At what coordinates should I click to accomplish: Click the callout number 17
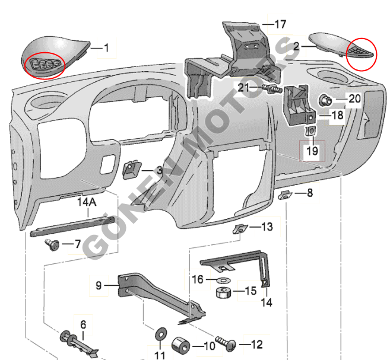click(280, 24)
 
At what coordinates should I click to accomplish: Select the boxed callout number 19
click(312, 151)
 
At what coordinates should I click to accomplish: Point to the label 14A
click(87, 202)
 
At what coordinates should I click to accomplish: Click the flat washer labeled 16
click(221, 279)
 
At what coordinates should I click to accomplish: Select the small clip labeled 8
click(286, 194)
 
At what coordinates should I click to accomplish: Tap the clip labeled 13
click(240, 229)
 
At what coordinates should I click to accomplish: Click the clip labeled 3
click(131, 170)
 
